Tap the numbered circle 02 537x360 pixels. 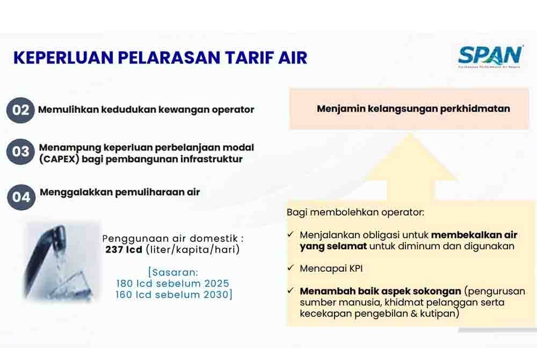click(20, 110)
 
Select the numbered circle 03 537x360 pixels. click(20, 152)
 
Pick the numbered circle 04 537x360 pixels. click(21, 197)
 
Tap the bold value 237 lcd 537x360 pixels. click(124, 250)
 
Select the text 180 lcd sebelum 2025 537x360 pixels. click(172, 284)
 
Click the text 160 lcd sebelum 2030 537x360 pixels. click(173, 295)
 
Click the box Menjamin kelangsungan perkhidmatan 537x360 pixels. click(412, 109)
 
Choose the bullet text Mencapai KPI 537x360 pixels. click(328, 268)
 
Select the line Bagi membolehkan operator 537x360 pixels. click(355, 212)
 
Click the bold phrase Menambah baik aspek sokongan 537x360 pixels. click(380, 291)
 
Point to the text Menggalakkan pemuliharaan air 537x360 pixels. click(120, 192)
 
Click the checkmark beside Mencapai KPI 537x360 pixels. click(291, 268)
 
